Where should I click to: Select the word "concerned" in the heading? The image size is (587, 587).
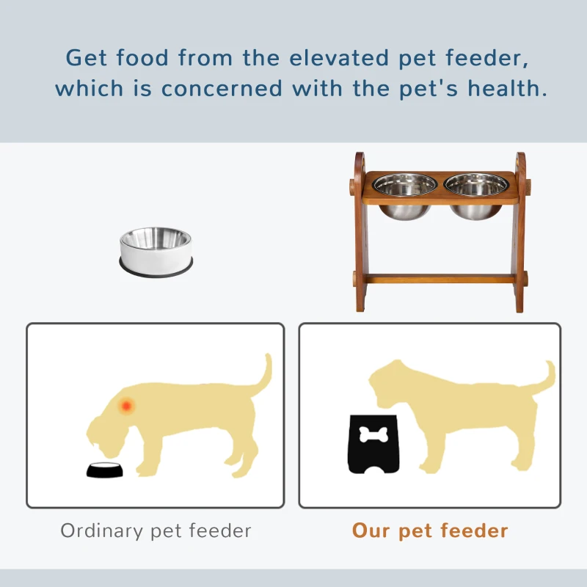point(222,89)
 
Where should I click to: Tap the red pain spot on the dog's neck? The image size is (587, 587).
point(127,404)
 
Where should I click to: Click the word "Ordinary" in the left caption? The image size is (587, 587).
point(101,531)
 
